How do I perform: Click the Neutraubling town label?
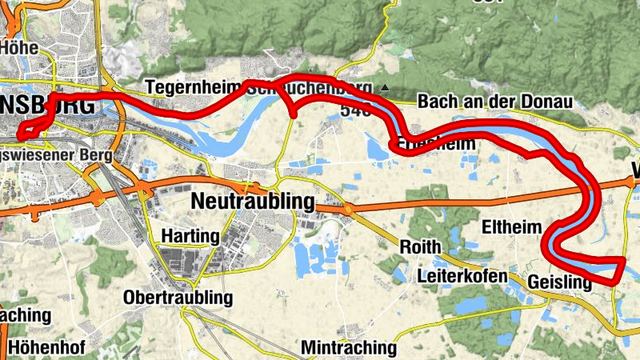[253, 202]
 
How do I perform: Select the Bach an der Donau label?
[495, 102]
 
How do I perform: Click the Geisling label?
[559, 282]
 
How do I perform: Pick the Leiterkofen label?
[462, 276]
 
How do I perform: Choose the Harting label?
[190, 237]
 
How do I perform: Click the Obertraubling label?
[178, 298]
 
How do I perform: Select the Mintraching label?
[349, 348]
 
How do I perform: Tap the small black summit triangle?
[385, 87]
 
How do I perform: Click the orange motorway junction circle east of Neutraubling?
[349, 210]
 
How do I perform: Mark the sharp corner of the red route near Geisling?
[623, 260]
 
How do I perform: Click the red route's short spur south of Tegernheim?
[294, 111]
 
